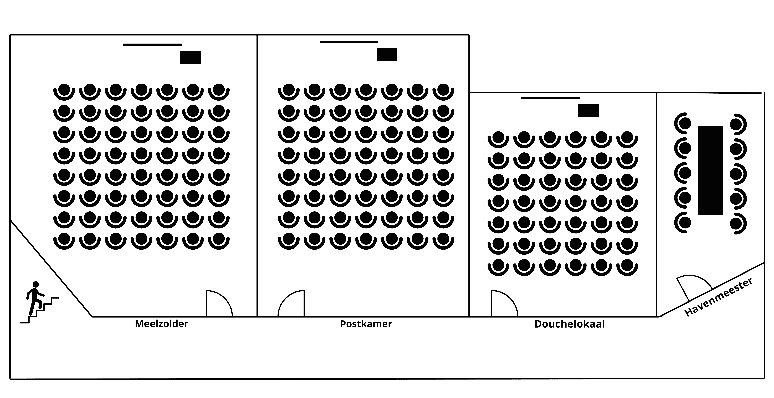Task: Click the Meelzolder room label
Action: [x=161, y=324]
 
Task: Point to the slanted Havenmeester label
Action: [x=718, y=297]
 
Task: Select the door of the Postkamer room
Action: [x=291, y=304]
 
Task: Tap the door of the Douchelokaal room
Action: [x=504, y=304]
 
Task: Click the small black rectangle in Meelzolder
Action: [x=190, y=57]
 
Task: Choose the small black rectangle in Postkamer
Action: [x=387, y=54]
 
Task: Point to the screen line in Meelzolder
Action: [x=152, y=45]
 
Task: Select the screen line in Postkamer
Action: [x=349, y=41]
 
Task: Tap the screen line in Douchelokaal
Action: [x=550, y=98]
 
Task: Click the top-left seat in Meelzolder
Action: [x=64, y=91]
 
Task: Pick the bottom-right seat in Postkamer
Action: [x=443, y=240]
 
